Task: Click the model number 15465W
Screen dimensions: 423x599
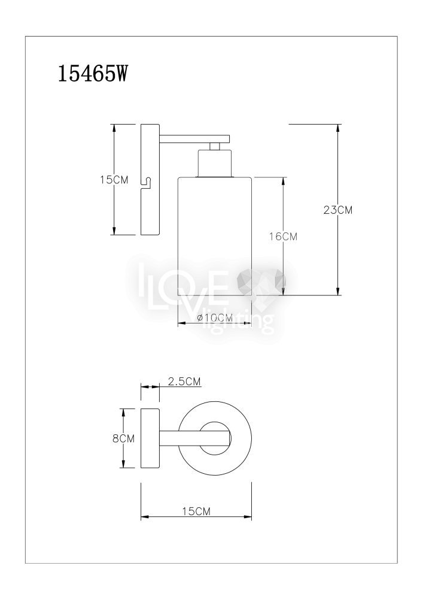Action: pyautogui.click(x=92, y=73)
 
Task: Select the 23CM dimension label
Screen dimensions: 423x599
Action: pyautogui.click(x=337, y=210)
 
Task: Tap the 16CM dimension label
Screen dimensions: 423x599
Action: pyautogui.click(x=282, y=237)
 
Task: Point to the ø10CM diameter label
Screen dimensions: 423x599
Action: pyautogui.click(x=215, y=317)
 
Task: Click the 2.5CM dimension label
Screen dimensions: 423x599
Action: pyautogui.click(x=184, y=381)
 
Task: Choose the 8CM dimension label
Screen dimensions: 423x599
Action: pyautogui.click(x=123, y=438)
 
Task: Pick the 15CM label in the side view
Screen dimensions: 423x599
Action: pyautogui.click(x=114, y=180)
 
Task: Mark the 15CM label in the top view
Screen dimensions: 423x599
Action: pyautogui.click(x=196, y=511)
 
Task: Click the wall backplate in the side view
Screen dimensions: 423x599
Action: pyautogui.click(x=150, y=179)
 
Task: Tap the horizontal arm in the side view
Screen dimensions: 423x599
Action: pyautogui.click(x=194, y=139)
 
